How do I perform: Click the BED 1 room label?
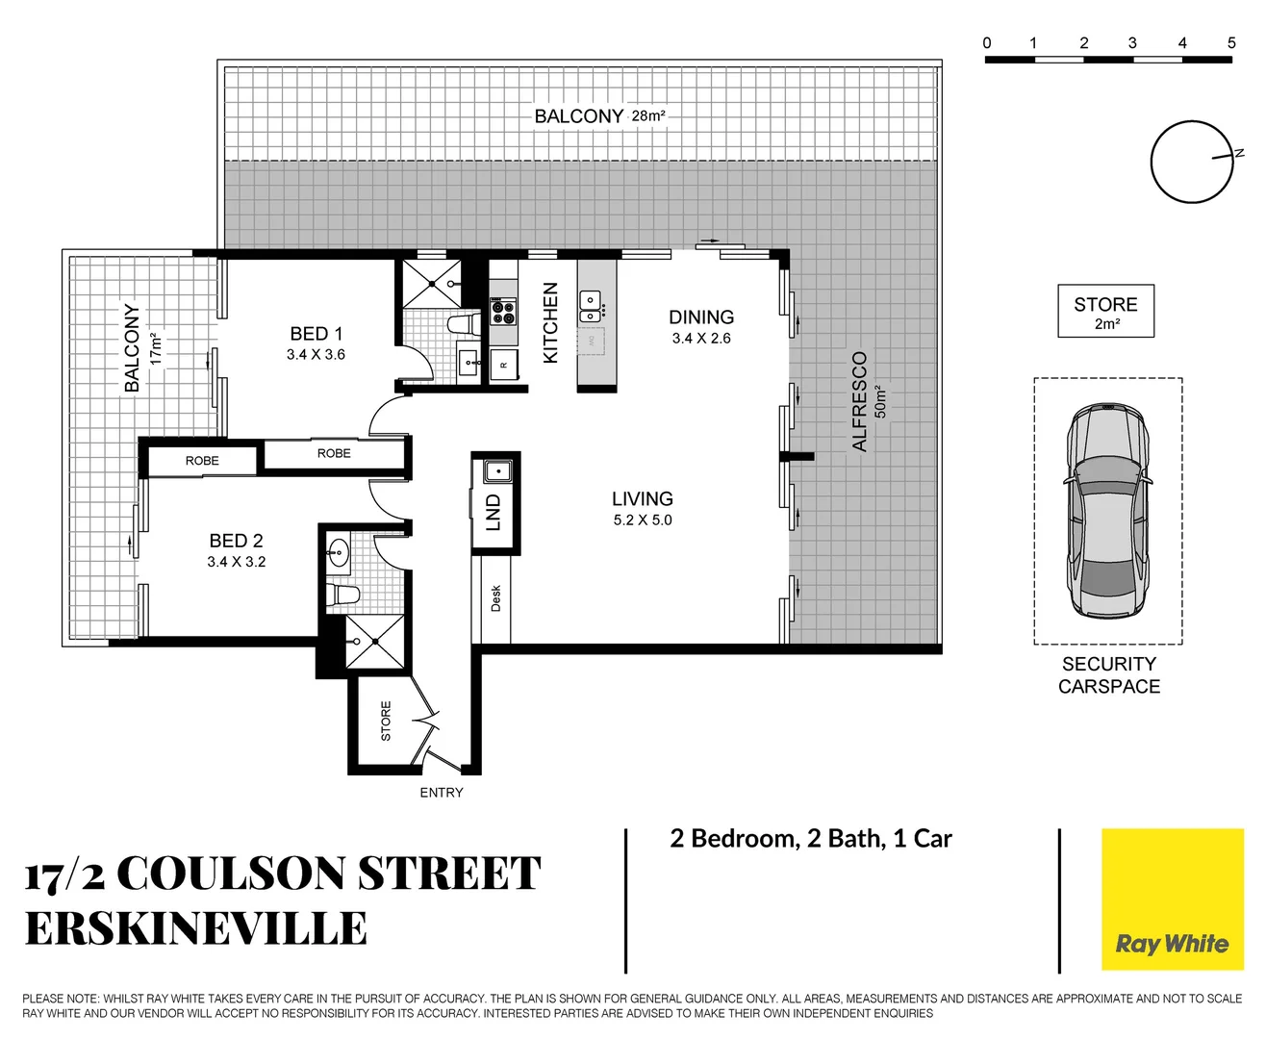pos(316,334)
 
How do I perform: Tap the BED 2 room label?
pos(236,541)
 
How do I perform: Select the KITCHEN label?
pos(551,322)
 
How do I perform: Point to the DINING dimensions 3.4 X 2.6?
pos(701,339)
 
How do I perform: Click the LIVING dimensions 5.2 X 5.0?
pos(643,520)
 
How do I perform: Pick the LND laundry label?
pos(494,513)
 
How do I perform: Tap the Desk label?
pos(496,598)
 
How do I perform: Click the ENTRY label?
pos(442,793)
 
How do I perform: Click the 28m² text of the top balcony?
pos(648,115)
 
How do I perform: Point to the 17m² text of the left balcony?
pos(156,348)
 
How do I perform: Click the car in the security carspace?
pos(1107,512)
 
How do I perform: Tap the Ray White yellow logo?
pos(1172,900)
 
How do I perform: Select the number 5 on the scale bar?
pos(1231,43)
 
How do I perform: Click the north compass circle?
pos(1191,162)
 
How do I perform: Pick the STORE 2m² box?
pos(1105,311)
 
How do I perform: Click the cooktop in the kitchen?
pos(503,311)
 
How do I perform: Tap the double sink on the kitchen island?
pos(590,306)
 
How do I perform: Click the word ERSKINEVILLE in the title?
pos(196,929)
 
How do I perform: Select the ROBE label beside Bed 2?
pos(202,461)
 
